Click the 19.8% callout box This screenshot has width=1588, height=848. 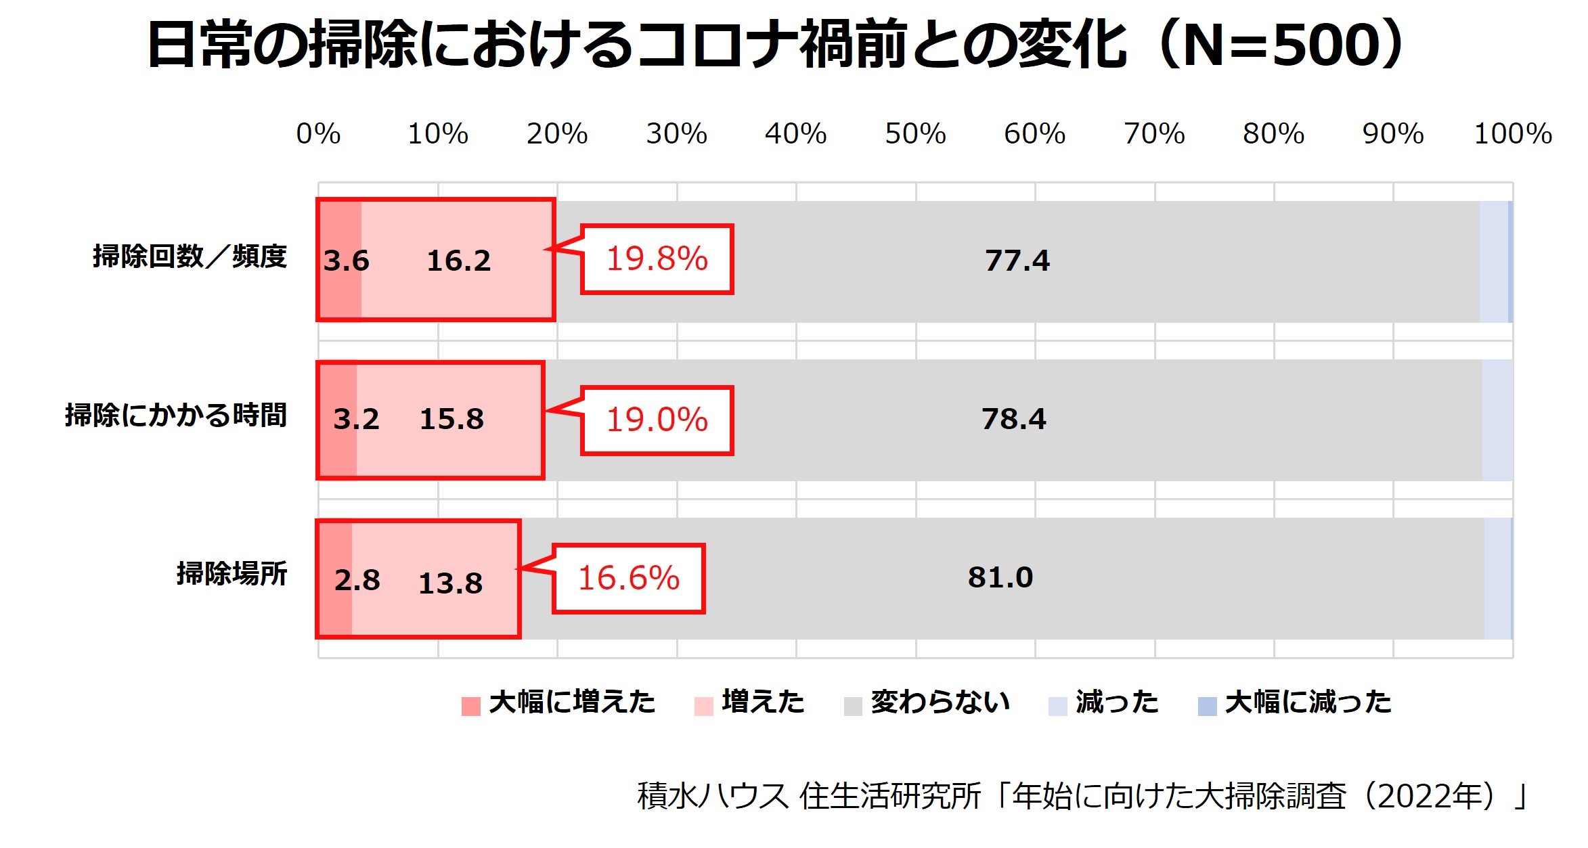pos(657,259)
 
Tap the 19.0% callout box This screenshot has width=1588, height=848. pos(657,420)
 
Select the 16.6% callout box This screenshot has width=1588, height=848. pos(628,579)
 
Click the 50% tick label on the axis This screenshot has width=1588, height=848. pos(915,134)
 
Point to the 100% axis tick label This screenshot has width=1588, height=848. pos(1513,134)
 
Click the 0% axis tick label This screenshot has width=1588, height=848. pos(318,134)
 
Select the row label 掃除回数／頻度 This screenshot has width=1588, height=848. pos(190,256)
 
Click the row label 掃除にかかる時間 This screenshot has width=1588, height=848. pos(176,416)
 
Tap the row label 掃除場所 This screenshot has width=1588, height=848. pos(231,574)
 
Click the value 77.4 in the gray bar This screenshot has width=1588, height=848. pos(1017,261)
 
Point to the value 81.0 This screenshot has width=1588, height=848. pos(1000,578)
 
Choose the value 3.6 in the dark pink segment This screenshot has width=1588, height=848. pos(346,261)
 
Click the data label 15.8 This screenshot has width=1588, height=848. pos(451,420)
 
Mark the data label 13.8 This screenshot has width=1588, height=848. pos(450,583)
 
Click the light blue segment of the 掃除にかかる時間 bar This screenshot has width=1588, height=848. pos(1497,420)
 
